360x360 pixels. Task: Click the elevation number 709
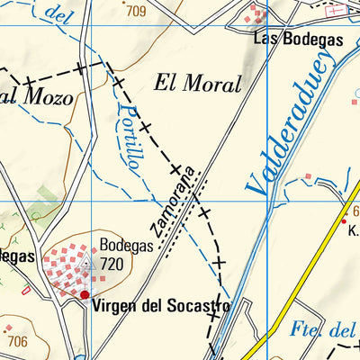coord(136,12)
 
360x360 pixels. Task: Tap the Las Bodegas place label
coord(286,39)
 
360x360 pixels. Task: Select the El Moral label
coord(198,85)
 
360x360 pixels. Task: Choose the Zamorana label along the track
coord(175,204)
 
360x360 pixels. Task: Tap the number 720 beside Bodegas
coord(112,265)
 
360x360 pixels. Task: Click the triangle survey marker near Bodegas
coord(87,265)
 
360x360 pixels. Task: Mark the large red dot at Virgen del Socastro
coord(85,294)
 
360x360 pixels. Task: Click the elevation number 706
coord(16,341)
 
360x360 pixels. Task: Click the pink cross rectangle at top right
coord(337,12)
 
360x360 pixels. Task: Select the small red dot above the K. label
coord(343,220)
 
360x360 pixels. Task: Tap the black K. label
coord(353,230)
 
